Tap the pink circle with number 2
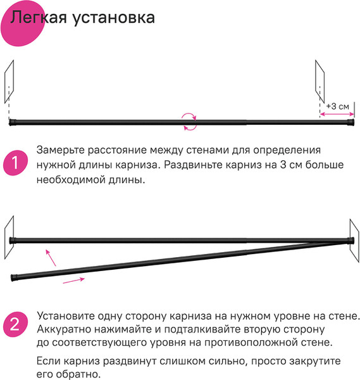click(x=15, y=326)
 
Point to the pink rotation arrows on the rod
click(x=189, y=121)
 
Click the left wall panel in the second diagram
click(x=8, y=236)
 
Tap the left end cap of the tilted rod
click(x=14, y=277)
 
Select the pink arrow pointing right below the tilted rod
click(x=74, y=281)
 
